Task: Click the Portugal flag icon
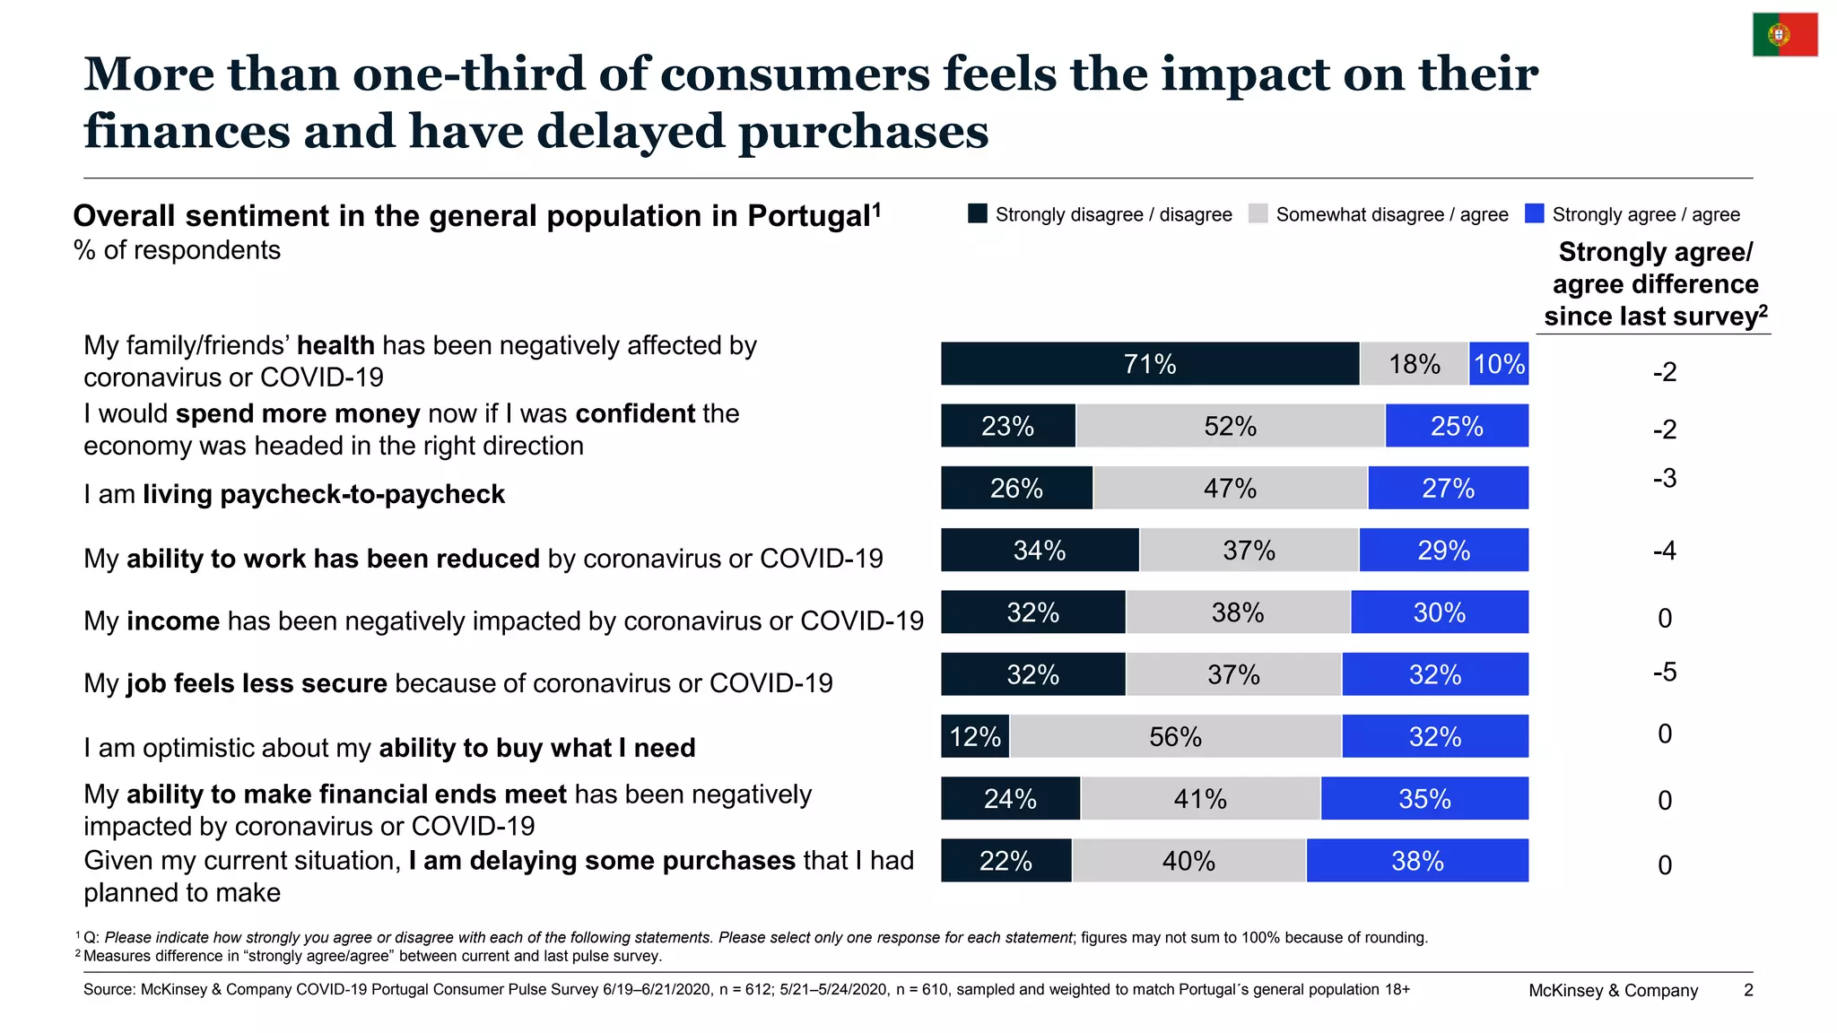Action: click(1785, 35)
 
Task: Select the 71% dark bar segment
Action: click(1150, 364)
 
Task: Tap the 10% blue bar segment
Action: click(1499, 364)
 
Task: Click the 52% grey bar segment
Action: click(1231, 426)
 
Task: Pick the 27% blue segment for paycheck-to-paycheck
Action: click(1449, 488)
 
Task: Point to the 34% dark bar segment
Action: click(1040, 550)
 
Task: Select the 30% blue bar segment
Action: click(1440, 612)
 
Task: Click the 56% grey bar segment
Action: click(1176, 736)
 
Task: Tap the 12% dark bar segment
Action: click(975, 736)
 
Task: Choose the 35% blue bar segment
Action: click(1425, 798)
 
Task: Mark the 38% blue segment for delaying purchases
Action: click(1418, 861)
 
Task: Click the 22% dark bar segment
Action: click(1006, 861)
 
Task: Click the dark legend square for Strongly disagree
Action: click(978, 213)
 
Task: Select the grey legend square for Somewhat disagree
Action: click(1258, 213)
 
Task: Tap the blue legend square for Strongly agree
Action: click(1535, 213)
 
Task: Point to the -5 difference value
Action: click(1665, 672)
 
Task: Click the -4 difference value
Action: click(1665, 550)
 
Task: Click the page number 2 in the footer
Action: click(1748, 990)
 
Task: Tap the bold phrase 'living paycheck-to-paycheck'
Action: click(324, 494)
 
